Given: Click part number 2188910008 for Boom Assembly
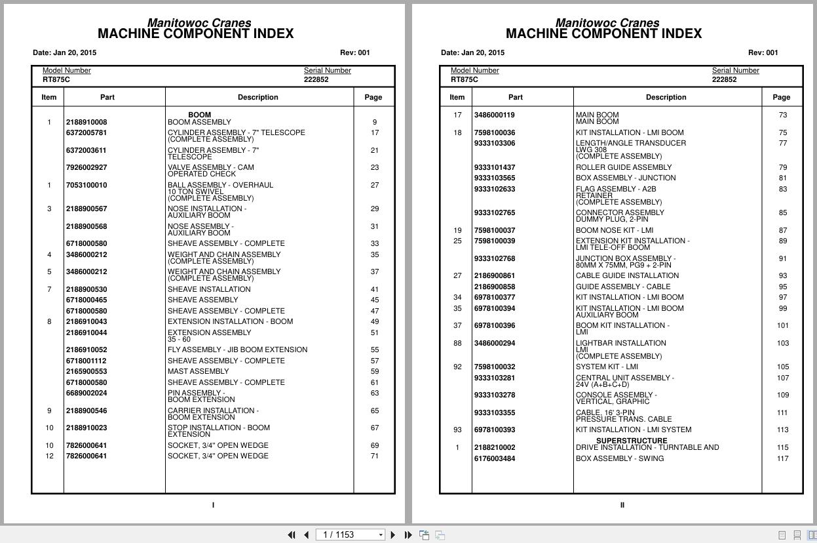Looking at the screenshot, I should [x=86, y=122].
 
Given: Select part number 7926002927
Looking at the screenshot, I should [x=86, y=167].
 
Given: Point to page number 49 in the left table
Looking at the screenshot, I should [x=374, y=321].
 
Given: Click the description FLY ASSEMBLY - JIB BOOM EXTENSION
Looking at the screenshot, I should [x=237, y=350].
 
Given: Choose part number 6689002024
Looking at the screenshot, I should [x=86, y=393].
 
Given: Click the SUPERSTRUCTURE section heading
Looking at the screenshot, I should [x=632, y=441].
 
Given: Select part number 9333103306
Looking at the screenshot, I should [x=495, y=143].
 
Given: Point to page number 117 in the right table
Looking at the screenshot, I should [x=782, y=458].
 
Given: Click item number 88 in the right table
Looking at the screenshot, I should [x=457, y=343].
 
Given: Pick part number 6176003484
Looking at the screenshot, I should [x=495, y=458].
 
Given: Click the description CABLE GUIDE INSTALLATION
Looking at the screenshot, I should [x=627, y=275].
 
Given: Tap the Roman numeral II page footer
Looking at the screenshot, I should [x=622, y=505].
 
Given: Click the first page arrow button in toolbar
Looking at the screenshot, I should [x=292, y=534].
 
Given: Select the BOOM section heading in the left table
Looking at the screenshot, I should [x=199, y=115].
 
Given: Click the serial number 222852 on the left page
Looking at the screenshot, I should [x=316, y=79].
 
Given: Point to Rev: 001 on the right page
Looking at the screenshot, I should [x=763, y=52].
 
